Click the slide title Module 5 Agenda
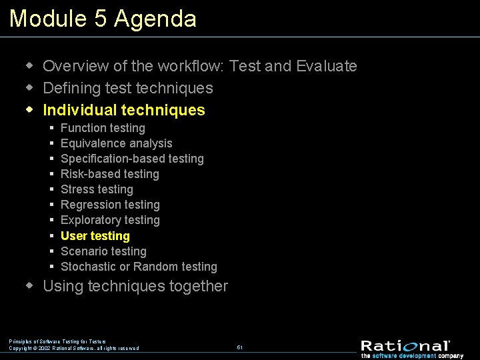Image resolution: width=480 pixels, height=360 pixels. (103, 19)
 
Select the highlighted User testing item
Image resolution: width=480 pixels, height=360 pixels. (95, 236)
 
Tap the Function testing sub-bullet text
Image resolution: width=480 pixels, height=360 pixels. (103, 128)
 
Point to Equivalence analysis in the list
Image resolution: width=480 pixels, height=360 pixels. (116, 143)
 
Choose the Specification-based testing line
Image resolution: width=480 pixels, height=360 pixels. (132, 159)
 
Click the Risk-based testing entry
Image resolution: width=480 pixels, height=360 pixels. (110, 174)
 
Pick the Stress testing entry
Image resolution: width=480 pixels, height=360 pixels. (97, 189)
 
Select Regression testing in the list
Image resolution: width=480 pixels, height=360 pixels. (110, 205)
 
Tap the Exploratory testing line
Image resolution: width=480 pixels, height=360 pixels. (110, 220)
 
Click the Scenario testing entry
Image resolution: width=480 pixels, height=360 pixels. (103, 251)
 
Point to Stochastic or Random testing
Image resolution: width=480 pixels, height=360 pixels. (139, 267)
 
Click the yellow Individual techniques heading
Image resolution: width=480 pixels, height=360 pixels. (124, 110)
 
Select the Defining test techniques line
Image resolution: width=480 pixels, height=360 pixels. (128, 88)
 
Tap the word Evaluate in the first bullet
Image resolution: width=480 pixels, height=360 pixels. (327, 66)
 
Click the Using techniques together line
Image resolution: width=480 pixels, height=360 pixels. (135, 287)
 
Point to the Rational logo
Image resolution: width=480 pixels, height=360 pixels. (405, 345)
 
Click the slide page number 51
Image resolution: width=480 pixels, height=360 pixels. (239, 347)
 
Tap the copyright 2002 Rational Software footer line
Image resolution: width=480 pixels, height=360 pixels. (74, 348)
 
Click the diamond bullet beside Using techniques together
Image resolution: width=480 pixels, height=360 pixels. (29, 286)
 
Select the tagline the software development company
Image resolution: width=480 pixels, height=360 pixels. (412, 356)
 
